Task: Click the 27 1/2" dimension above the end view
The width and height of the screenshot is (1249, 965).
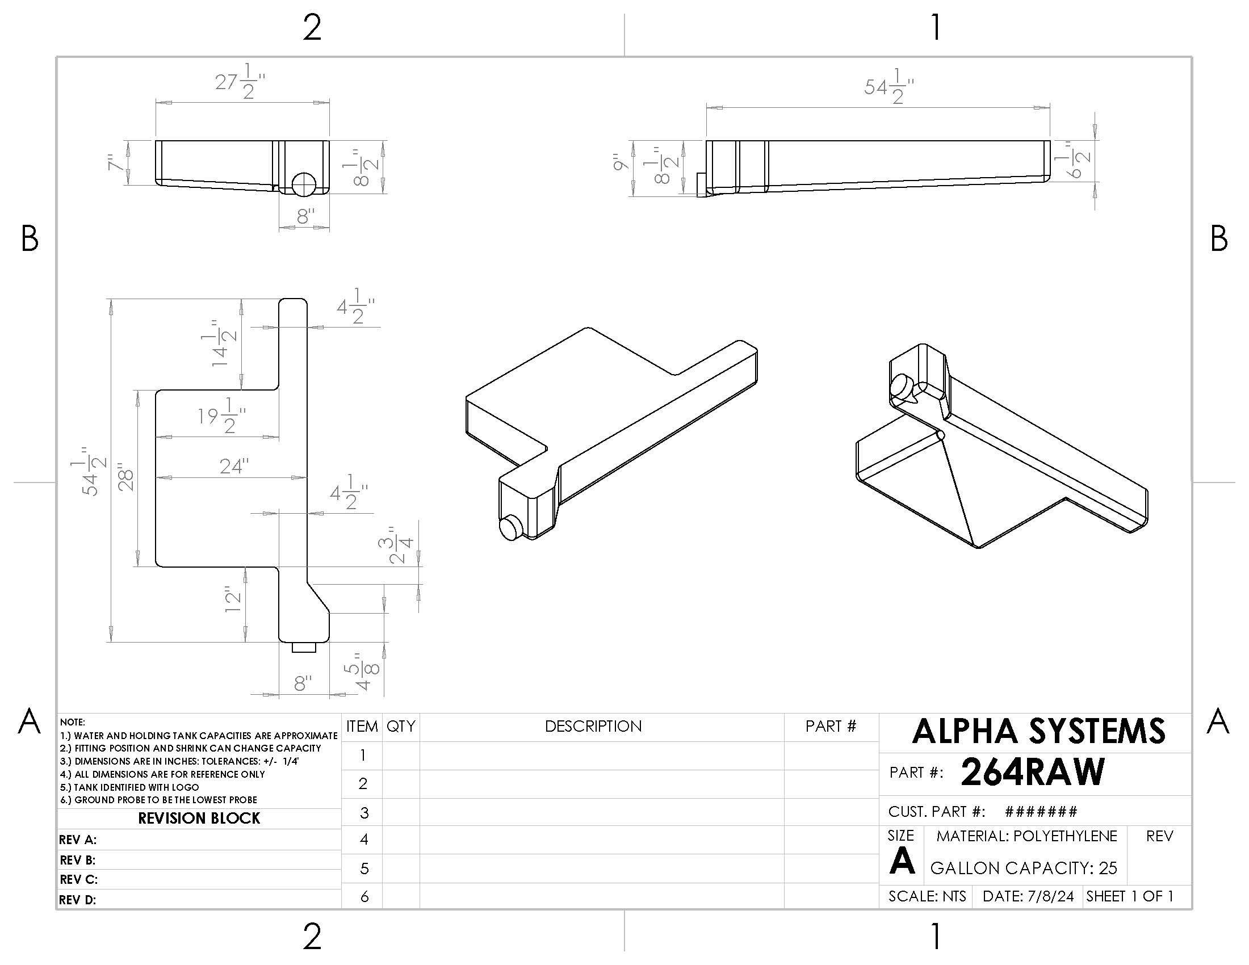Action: tap(240, 82)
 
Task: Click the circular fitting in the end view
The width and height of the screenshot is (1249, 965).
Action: tap(303, 184)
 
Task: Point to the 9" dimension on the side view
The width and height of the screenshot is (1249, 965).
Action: tap(621, 162)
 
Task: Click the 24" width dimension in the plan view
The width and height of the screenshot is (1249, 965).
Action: tap(234, 467)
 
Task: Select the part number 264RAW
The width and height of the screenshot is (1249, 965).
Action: tap(1032, 773)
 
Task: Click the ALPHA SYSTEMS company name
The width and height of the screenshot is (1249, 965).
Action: tap(1038, 731)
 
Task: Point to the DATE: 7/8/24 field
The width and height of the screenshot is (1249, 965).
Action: tap(1028, 896)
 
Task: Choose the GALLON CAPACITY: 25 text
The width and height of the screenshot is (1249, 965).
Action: tap(1023, 868)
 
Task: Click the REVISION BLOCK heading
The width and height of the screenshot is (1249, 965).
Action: tap(199, 818)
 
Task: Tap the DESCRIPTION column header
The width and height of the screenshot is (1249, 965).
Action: tap(593, 726)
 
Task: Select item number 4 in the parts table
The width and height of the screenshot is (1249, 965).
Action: tap(364, 839)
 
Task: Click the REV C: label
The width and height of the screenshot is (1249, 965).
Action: tap(78, 879)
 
